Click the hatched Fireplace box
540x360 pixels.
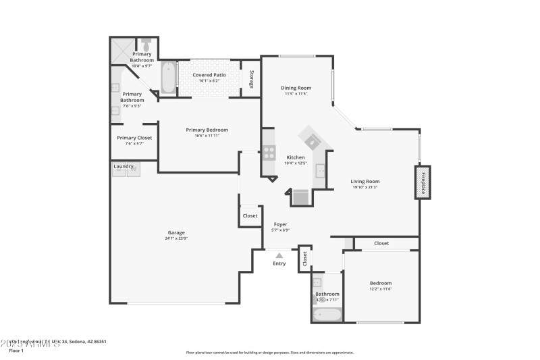point(423,182)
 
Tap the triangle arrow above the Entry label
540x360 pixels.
point(279,255)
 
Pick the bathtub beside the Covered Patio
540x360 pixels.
point(168,78)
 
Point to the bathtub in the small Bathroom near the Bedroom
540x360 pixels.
point(327,314)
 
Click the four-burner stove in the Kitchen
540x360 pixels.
point(269,153)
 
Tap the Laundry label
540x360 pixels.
point(123,165)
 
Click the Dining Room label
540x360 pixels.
point(296,88)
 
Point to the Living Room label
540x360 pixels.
point(364,181)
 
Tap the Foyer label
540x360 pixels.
point(280,224)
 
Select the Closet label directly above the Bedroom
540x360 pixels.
point(381,243)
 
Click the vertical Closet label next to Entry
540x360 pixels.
point(304,257)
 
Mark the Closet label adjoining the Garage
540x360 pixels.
point(250,215)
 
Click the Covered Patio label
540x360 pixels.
point(209,75)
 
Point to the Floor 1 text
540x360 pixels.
point(16,351)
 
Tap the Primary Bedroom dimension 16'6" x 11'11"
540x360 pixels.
point(207,136)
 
